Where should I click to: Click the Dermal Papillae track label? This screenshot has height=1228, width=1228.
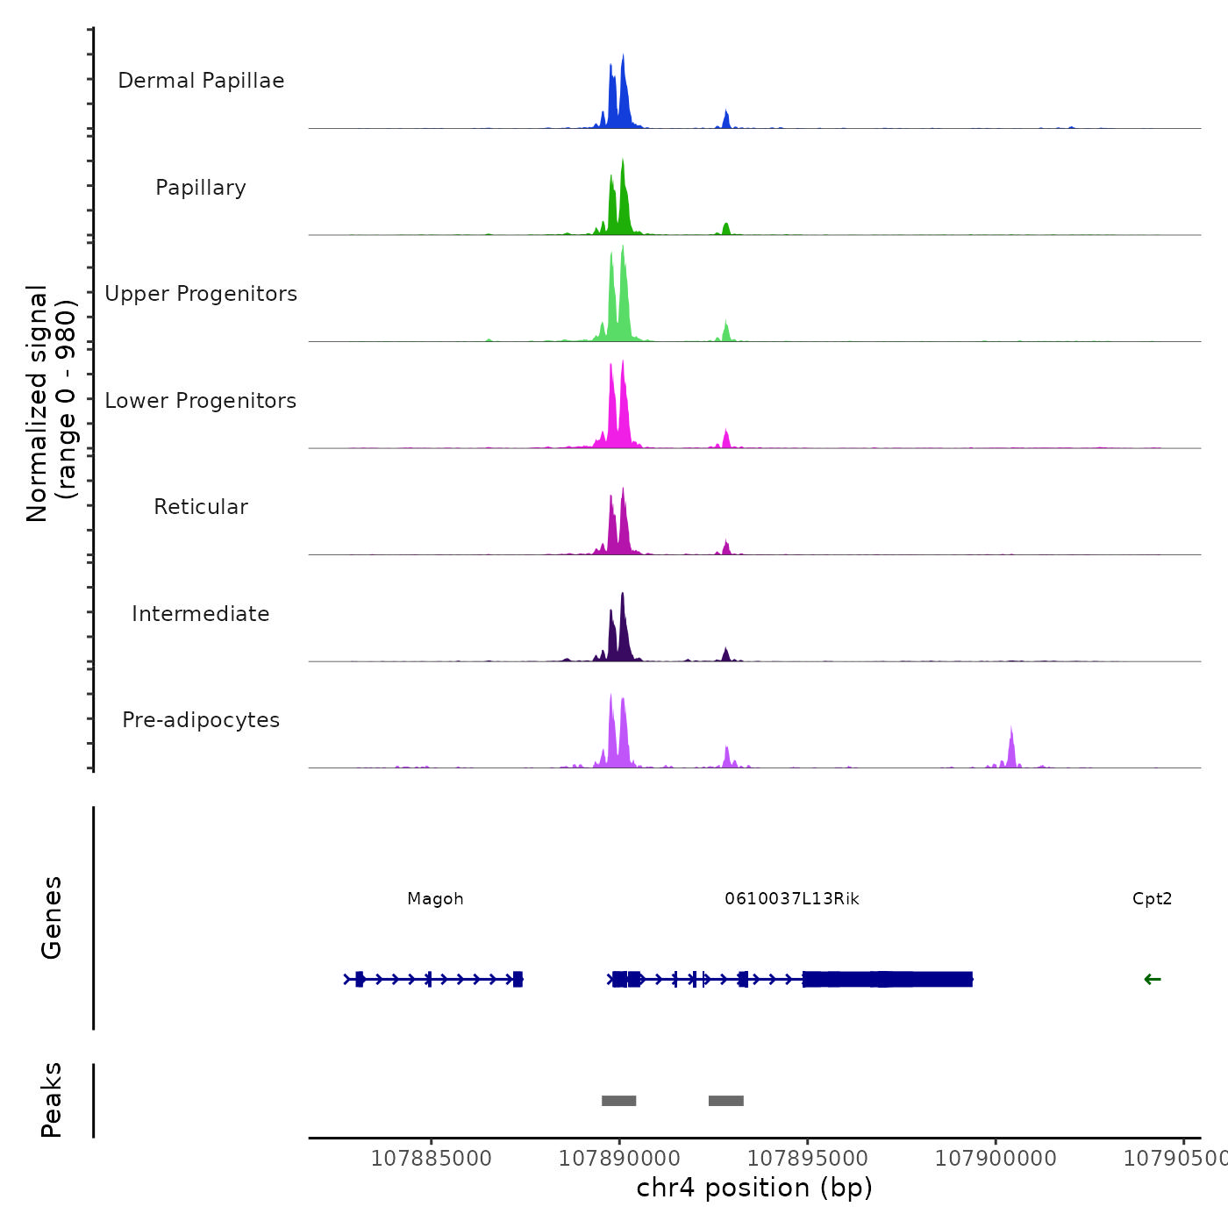201,81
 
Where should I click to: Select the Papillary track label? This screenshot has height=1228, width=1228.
201,188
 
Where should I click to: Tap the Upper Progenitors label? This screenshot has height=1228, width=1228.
201,294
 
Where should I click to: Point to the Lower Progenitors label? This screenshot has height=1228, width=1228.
201,401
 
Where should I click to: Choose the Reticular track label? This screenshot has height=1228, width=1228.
201,507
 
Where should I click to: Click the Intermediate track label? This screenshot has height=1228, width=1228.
201,614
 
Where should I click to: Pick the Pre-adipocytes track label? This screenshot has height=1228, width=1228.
201,720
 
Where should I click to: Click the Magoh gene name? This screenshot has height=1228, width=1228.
435,899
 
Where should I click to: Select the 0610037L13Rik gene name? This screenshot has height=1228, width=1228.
792,899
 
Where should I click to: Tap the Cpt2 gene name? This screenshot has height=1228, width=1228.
1152,899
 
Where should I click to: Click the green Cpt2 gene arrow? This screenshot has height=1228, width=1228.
1153,980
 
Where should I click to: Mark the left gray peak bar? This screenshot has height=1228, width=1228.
618,1101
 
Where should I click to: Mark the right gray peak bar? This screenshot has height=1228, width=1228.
726,1101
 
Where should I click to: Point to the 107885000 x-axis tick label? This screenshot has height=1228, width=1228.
432,1159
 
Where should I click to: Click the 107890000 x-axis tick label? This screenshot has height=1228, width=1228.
619,1159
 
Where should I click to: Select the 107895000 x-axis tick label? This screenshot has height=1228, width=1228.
807,1159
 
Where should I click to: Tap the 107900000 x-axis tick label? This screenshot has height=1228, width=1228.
996,1159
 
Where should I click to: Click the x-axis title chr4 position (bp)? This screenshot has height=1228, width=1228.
754,1189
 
